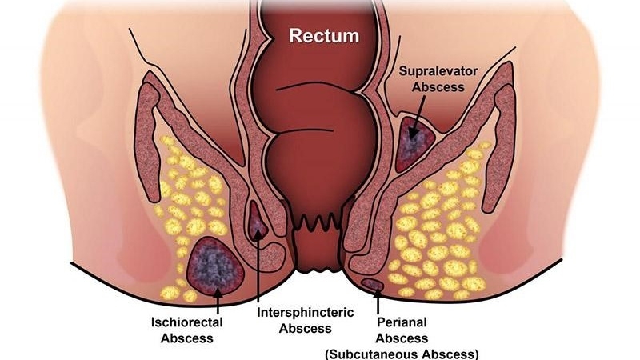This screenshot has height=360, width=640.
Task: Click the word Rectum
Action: [324, 35]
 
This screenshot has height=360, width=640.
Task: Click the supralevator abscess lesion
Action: [415, 142]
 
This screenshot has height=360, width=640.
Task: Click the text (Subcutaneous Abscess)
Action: [402, 353]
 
